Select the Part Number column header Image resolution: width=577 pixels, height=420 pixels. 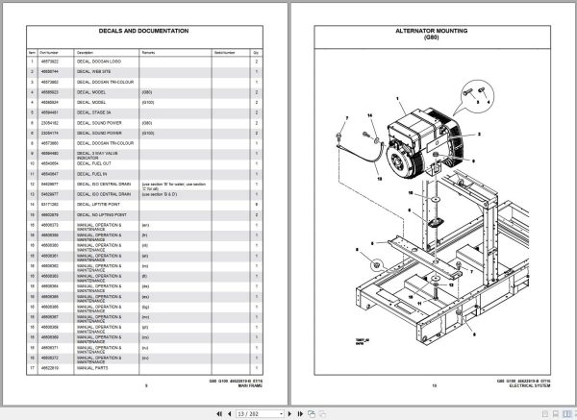(x=49, y=52)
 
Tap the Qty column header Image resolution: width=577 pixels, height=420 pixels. (x=256, y=52)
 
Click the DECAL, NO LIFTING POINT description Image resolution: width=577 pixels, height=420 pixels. (x=104, y=213)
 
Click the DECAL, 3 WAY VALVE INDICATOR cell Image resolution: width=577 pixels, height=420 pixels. (x=100, y=155)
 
